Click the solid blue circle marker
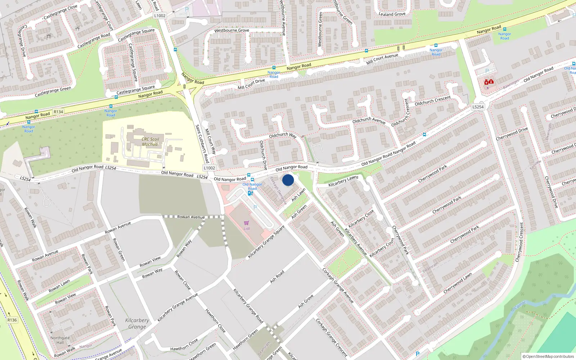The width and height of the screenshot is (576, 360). [x=288, y=180]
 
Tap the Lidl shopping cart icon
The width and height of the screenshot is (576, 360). [x=247, y=223]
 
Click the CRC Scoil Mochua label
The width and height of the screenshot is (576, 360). [x=150, y=141]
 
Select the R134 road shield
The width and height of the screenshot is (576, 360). [x=58, y=112]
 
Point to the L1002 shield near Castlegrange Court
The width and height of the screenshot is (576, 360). [x=160, y=15]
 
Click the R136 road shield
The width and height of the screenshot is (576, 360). [x=12, y=320]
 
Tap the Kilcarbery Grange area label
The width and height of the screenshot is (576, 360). [x=137, y=323]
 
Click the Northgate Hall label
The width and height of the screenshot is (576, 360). [x=60, y=340]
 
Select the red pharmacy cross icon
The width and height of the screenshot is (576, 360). [x=489, y=82]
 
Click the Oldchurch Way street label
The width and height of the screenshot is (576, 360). [x=283, y=135]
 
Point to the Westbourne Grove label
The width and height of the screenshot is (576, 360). [x=231, y=31]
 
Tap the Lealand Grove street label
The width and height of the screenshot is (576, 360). [x=392, y=14]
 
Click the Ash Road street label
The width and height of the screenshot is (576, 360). [x=277, y=276]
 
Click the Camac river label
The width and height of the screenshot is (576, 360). [x=520, y=305]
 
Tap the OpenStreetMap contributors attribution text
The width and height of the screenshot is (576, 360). [x=548, y=356]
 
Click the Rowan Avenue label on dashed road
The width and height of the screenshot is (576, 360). [x=191, y=217]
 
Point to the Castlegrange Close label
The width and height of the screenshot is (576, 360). [x=60, y=12]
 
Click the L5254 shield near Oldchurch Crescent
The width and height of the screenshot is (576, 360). [x=478, y=107]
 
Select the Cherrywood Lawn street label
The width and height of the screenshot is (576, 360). [x=457, y=283]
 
